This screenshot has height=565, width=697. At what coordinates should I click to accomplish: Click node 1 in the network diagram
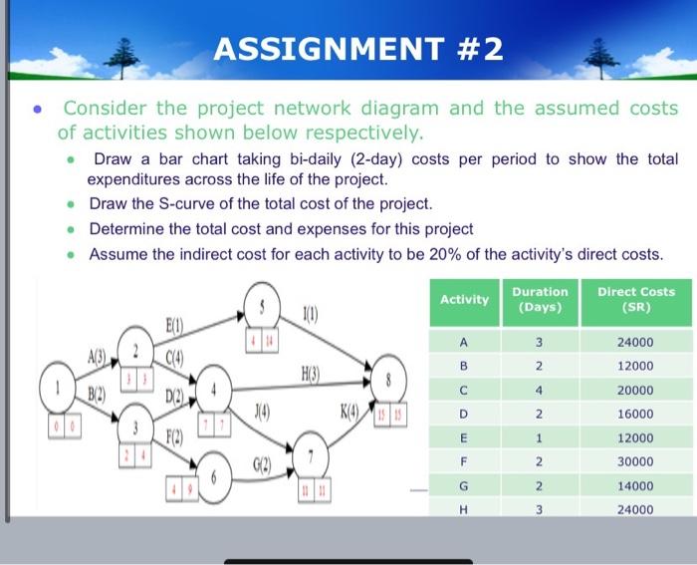[x=57, y=384]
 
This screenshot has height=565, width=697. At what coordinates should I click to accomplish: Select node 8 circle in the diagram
[x=388, y=378]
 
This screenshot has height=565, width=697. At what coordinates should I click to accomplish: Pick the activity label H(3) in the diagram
[x=313, y=372]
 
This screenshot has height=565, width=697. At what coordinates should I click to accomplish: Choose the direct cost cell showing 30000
[x=634, y=461]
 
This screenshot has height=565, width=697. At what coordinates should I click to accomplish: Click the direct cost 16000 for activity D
[x=634, y=414]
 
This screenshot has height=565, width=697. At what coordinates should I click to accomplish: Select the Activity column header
[x=464, y=299]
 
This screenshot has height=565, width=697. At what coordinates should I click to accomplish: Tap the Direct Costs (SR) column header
[x=635, y=299]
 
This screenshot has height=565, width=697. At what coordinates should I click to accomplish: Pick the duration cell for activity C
[x=539, y=390]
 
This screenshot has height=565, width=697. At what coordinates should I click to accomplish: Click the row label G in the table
[x=464, y=485]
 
